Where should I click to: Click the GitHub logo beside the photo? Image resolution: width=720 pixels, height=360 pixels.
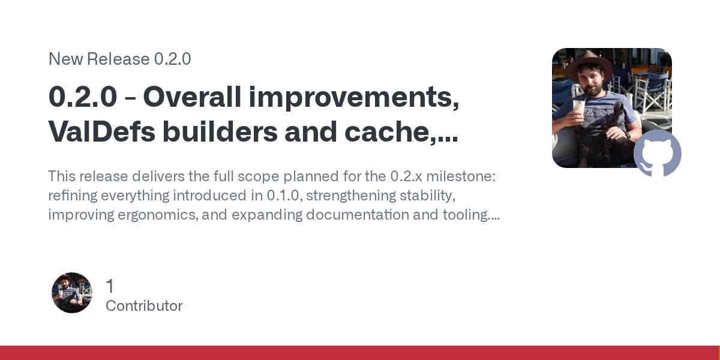pyautogui.click(x=658, y=154)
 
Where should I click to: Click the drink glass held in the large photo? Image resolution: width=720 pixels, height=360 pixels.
pyautogui.click(x=579, y=107)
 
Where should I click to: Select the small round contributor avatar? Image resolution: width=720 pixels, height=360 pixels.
pyautogui.click(x=72, y=293)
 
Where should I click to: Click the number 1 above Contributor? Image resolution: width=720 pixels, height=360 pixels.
pyautogui.click(x=109, y=286)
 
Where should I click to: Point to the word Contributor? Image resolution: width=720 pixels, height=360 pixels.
pyautogui.click(x=144, y=306)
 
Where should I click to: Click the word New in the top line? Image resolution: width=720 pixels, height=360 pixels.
pyautogui.click(x=65, y=59)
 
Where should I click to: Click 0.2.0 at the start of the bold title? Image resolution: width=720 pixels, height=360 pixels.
pyautogui.click(x=82, y=97)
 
